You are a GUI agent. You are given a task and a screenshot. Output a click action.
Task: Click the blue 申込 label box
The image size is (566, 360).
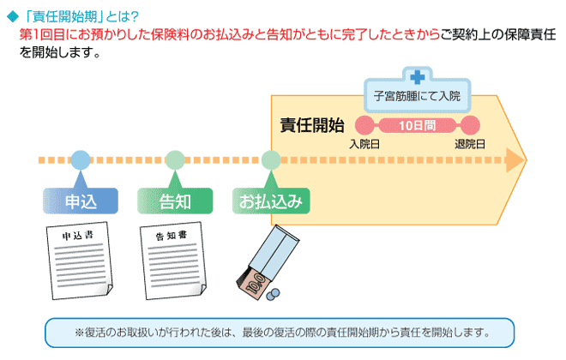click(81, 202)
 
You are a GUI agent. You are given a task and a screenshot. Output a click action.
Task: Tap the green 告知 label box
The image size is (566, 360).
click(175, 202)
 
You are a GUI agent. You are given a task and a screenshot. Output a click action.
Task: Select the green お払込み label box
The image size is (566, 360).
click(271, 202)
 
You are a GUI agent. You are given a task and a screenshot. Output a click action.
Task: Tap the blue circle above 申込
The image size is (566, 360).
click(80, 159)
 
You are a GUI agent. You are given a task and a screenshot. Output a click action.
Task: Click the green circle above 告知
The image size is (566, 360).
click(175, 159)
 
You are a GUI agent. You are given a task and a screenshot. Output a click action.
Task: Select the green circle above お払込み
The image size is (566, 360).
click(271, 159)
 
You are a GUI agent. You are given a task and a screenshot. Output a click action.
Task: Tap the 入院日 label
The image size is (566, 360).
click(364, 143)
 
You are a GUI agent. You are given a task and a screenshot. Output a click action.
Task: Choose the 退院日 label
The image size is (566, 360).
click(469, 143)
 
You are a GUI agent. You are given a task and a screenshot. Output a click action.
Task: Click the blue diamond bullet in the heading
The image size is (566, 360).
click(12, 16)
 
